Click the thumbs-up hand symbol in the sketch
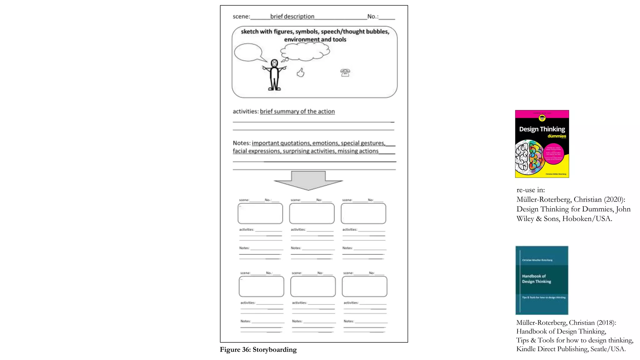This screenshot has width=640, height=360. pos(301,73)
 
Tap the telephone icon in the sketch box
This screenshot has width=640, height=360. pos(345,73)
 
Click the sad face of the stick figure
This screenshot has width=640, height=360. pos(274,63)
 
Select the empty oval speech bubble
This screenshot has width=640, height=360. pos(248,52)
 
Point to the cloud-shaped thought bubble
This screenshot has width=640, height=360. pos(305,51)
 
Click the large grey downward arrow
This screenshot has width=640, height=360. pos(308,181)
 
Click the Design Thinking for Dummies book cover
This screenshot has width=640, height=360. pos(542,144)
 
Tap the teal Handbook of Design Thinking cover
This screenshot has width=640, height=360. pos(542,280)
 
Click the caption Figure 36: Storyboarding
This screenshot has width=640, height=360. pos(258,350)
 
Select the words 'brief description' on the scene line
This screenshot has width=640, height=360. pos(292,17)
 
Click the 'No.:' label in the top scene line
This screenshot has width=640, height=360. pos(373,17)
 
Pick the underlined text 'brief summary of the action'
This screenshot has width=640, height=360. pos(297,112)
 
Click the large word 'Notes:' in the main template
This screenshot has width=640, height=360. pos(242,143)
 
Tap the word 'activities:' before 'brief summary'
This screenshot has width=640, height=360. pos(246,112)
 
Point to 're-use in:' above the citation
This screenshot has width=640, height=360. pos(531,190)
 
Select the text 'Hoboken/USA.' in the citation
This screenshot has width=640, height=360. pos(587,219)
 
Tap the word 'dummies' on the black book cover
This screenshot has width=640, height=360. pos(557,136)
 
